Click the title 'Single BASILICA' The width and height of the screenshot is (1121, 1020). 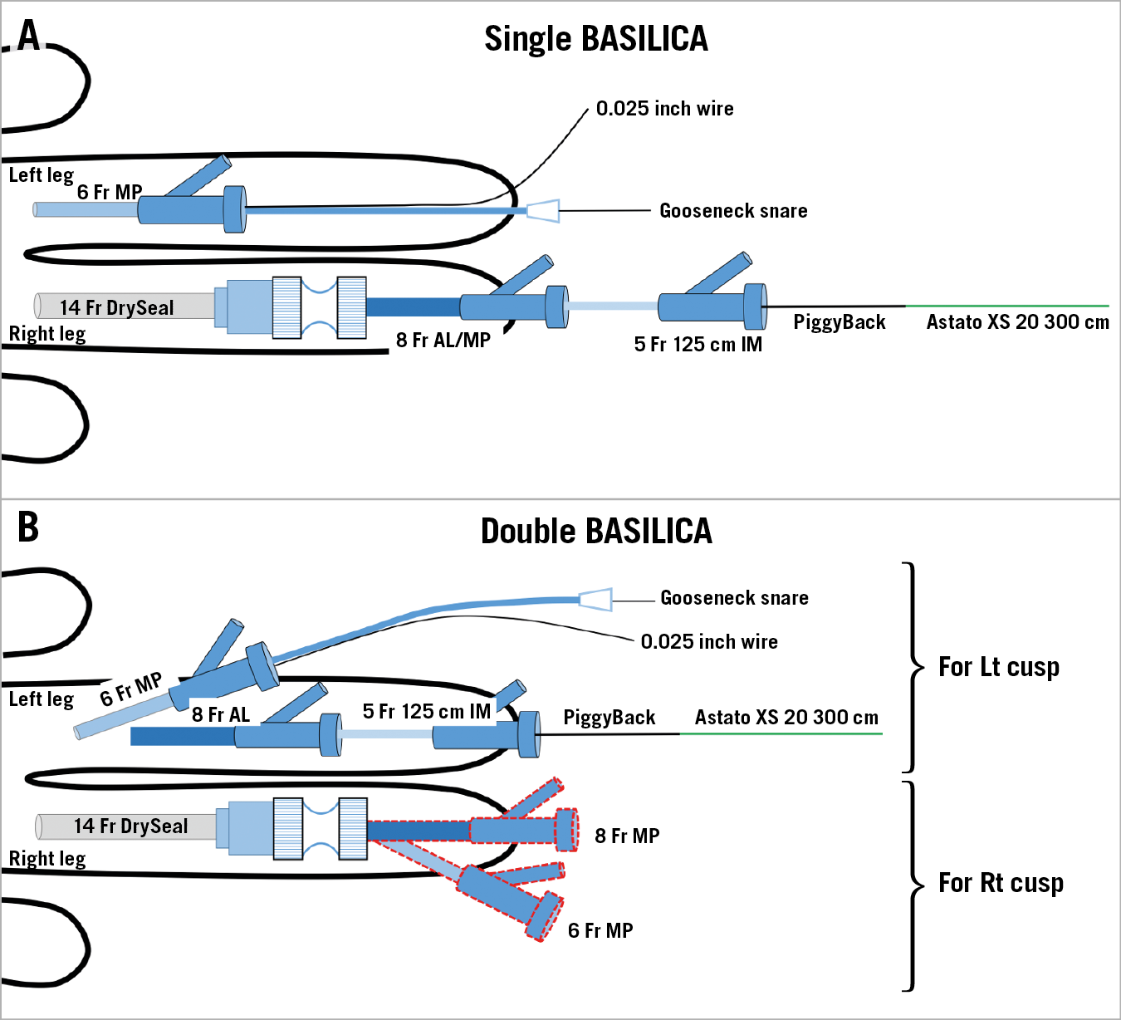click(595, 39)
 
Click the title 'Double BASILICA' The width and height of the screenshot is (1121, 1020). click(596, 532)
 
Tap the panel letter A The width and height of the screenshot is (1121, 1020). click(28, 36)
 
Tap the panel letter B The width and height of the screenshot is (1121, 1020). click(28, 527)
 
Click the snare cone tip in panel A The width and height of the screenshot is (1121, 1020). click(543, 210)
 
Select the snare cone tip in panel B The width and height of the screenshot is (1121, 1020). click(595, 599)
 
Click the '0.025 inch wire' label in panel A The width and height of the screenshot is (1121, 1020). click(664, 109)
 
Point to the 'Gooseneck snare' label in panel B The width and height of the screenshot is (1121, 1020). click(734, 598)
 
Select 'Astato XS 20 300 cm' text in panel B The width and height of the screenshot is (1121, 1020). click(786, 718)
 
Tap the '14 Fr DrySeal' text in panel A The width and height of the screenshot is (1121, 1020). click(117, 308)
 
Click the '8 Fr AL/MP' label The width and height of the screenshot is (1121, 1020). click(443, 340)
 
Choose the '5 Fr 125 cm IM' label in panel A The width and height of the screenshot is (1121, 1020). click(698, 345)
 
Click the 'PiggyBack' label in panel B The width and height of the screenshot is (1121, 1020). click(609, 718)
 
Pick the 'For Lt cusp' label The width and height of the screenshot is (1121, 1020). click(999, 667)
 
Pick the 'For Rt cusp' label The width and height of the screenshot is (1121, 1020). click(1001, 883)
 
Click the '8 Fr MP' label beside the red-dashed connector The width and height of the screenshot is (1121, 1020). click(627, 836)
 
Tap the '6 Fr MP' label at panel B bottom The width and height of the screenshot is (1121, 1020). click(600, 931)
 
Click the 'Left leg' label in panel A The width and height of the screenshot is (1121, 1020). click(41, 175)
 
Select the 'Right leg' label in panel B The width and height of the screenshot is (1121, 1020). click(47, 859)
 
